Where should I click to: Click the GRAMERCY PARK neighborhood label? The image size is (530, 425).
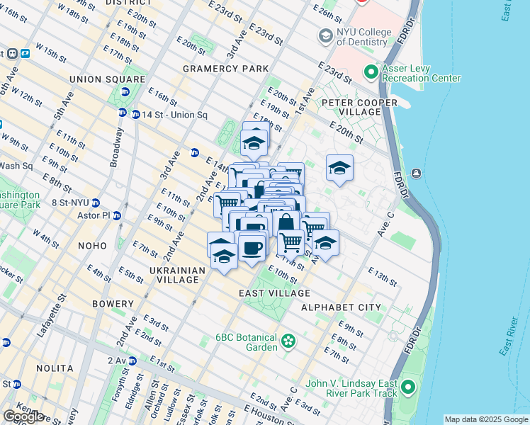tap(225, 69)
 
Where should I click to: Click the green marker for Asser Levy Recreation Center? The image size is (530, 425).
tap(371, 72)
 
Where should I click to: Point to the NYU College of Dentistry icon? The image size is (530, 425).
tap(325, 35)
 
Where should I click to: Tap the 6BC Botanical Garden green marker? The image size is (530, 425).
tap(288, 341)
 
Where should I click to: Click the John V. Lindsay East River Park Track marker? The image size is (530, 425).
tap(407, 387)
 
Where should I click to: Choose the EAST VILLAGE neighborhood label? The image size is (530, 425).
tap(274, 293)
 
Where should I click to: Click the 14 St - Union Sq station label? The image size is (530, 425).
tap(174, 115)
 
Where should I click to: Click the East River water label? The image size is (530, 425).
tap(506, 333)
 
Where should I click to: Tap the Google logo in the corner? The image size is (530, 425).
tap(23, 416)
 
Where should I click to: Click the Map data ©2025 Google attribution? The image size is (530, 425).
tap(485, 419)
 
